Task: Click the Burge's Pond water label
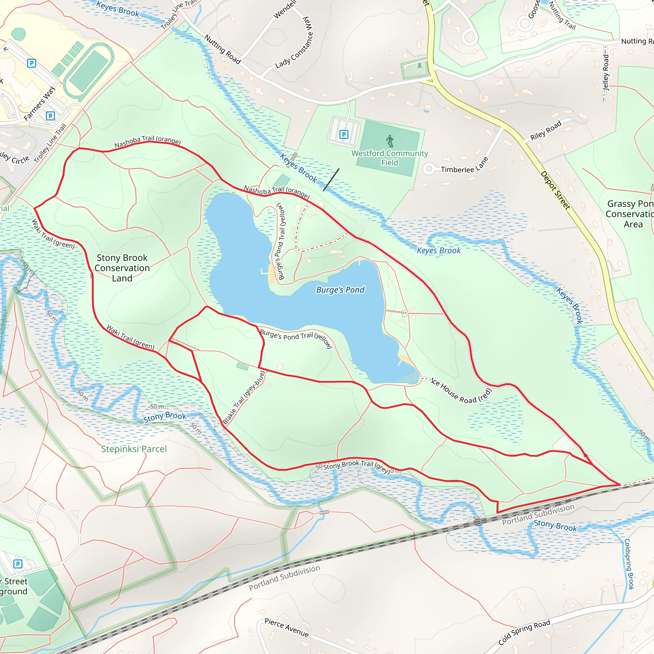click(340, 290)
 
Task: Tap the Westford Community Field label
click(390, 158)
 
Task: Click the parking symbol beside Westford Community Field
click(344, 135)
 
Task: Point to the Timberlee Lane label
click(465, 165)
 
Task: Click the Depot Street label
click(555, 190)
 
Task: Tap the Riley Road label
click(546, 130)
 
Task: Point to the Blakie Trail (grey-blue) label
click(244, 398)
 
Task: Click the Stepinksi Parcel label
click(134, 449)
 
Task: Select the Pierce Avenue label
click(286, 627)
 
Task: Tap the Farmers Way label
click(40, 103)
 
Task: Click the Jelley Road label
click(606, 73)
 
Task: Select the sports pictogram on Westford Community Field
click(390, 141)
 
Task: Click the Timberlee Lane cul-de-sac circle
click(429, 169)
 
